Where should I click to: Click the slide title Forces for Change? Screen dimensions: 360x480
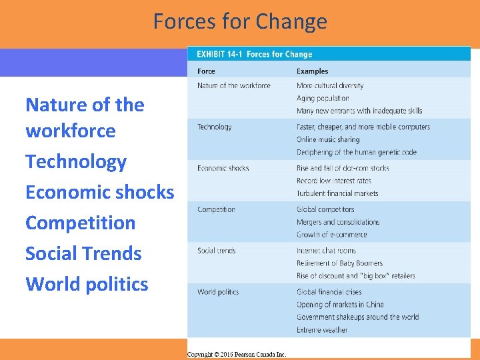[x=240, y=21]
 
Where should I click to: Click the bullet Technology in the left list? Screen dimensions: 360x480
[x=76, y=162]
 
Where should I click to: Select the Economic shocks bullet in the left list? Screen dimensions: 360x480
[x=99, y=193]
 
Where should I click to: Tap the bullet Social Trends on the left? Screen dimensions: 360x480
[x=83, y=254]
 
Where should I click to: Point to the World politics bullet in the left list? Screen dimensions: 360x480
[x=87, y=285]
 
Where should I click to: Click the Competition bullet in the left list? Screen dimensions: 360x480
[x=80, y=223]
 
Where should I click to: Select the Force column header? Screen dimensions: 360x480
[x=206, y=71]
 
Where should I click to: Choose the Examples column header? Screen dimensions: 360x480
[x=312, y=71]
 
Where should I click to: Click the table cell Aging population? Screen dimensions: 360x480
[x=323, y=98]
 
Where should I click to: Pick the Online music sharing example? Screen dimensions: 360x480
[x=328, y=139]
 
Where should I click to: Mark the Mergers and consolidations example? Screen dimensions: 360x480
[x=338, y=222]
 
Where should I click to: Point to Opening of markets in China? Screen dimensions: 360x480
[x=340, y=305]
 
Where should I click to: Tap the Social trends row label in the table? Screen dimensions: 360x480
[x=216, y=251]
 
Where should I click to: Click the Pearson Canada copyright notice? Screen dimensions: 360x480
[x=237, y=354]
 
